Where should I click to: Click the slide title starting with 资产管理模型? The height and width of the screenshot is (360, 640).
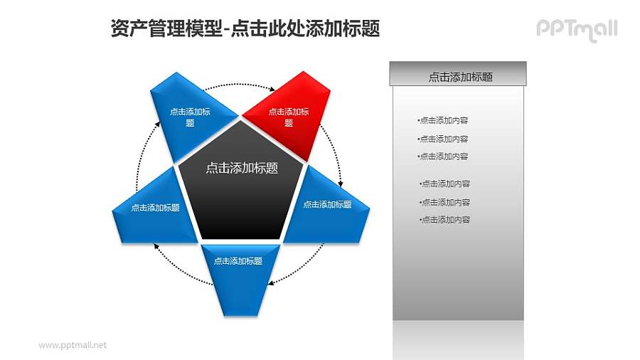pos(245,28)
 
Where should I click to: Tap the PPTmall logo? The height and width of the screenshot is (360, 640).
pos(576,29)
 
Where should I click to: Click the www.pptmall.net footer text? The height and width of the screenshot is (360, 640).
pos(73,345)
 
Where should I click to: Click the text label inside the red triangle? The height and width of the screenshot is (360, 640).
pos(289,117)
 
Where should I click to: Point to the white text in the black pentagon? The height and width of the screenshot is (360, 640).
pos(241,169)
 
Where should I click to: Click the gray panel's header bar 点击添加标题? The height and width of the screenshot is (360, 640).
pos(459,76)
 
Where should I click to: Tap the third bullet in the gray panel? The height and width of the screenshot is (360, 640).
pos(443,157)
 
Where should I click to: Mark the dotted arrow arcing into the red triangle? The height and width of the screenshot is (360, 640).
pos(238,85)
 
